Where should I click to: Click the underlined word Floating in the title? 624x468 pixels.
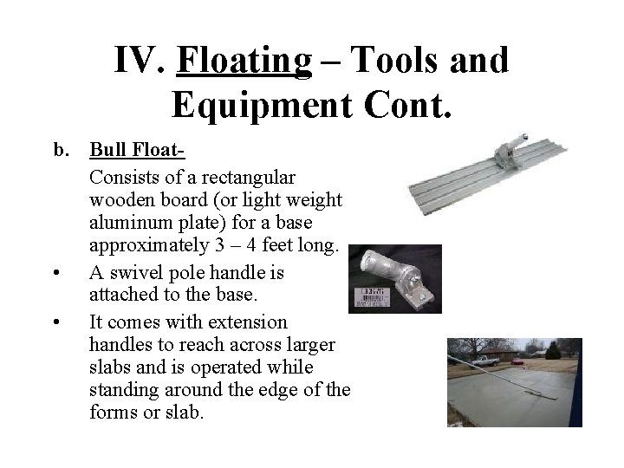click(244, 62)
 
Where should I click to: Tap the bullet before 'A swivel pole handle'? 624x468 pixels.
click(56, 273)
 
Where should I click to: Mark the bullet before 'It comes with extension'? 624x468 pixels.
click(56, 322)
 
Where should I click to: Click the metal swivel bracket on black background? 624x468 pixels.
click(399, 273)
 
